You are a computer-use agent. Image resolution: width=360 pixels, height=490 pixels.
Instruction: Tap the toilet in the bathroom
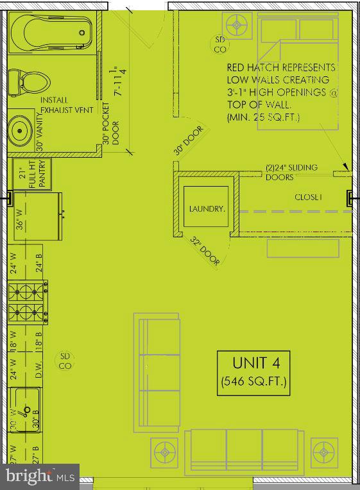tap(30, 82)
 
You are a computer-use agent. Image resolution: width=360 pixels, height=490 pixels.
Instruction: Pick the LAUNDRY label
tap(206, 208)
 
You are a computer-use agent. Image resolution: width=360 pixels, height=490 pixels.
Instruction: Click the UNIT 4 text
tap(252, 362)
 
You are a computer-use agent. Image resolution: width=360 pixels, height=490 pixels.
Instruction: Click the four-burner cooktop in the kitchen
tap(28, 303)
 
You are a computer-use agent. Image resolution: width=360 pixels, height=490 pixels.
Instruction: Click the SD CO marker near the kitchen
tap(64, 361)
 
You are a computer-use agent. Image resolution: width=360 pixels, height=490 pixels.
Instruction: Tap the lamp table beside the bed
tap(238, 26)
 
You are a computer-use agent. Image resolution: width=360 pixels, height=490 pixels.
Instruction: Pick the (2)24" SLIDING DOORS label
tap(291, 172)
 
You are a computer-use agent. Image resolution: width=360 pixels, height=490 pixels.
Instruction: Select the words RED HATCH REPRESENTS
tap(280, 67)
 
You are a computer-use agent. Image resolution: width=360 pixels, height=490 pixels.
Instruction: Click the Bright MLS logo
tap(39, 477)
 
